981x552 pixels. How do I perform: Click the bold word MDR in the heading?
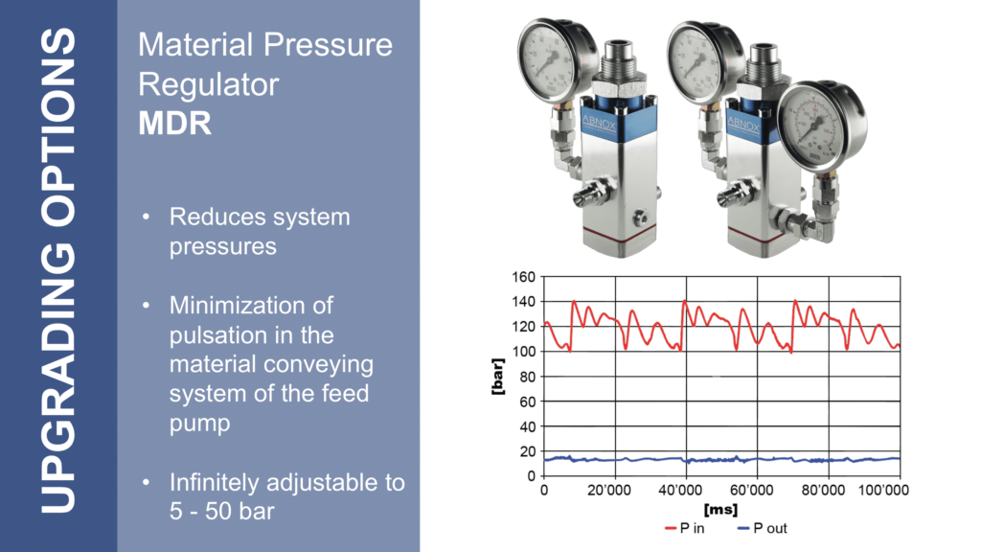point(174,124)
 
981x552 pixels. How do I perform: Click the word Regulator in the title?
point(208,85)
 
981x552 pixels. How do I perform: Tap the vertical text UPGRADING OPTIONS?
point(58,271)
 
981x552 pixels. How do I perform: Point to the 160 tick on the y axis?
point(524,277)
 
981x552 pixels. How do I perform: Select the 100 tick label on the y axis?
point(524,352)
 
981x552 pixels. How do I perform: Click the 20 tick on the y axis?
point(528,452)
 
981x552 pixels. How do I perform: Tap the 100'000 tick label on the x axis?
point(883,490)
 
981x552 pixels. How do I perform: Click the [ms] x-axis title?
point(720,510)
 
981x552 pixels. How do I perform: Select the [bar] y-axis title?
point(498,376)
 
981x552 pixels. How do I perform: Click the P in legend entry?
point(684,529)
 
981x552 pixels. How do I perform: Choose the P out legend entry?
point(762,529)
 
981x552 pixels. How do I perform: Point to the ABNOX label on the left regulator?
point(599,124)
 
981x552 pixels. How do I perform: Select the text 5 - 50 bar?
point(222,512)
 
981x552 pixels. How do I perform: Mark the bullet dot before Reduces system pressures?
point(147,218)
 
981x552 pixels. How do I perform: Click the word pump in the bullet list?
point(199,425)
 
